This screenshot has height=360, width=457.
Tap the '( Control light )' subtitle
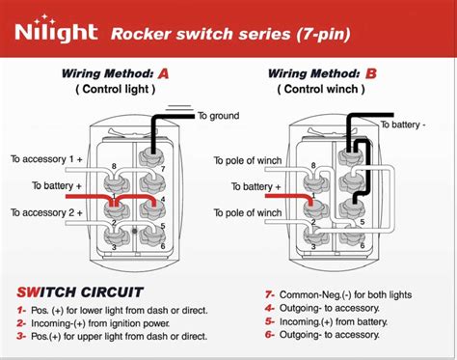tap(115, 90)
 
